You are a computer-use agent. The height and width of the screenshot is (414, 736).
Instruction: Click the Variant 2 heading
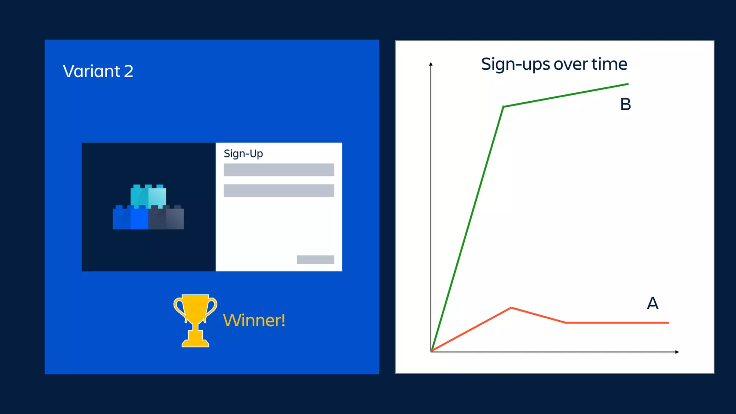pos(98,71)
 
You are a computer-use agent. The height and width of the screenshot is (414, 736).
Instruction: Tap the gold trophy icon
pos(195,320)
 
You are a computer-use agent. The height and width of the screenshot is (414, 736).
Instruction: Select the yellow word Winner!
pos(254,320)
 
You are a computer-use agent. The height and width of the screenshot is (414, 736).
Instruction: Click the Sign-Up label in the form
pos(243,154)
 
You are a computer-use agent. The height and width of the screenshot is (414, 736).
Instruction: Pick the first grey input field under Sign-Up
pos(279,170)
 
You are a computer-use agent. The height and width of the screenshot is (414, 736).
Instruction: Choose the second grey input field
pos(279,190)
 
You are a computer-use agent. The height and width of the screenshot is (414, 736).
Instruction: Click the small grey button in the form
pos(315,259)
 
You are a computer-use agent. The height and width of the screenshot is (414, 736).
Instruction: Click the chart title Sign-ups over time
pos(554,65)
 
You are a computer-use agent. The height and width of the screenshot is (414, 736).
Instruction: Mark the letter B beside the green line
pos(625,105)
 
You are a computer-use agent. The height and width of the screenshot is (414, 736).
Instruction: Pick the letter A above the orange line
pos(653,303)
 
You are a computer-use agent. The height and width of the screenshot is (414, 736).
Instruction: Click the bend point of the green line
pos(503,107)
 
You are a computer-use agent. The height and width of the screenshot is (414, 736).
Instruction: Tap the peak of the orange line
pos(511,308)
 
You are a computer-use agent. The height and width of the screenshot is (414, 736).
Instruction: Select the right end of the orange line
pos(668,323)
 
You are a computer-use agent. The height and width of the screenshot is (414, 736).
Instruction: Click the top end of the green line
pos(628,84)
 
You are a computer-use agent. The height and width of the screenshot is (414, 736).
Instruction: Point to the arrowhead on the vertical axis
pos(431,64)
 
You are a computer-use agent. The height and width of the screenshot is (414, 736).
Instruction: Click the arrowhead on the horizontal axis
pos(677,352)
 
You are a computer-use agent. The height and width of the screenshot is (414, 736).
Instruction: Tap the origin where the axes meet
pos(431,351)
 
